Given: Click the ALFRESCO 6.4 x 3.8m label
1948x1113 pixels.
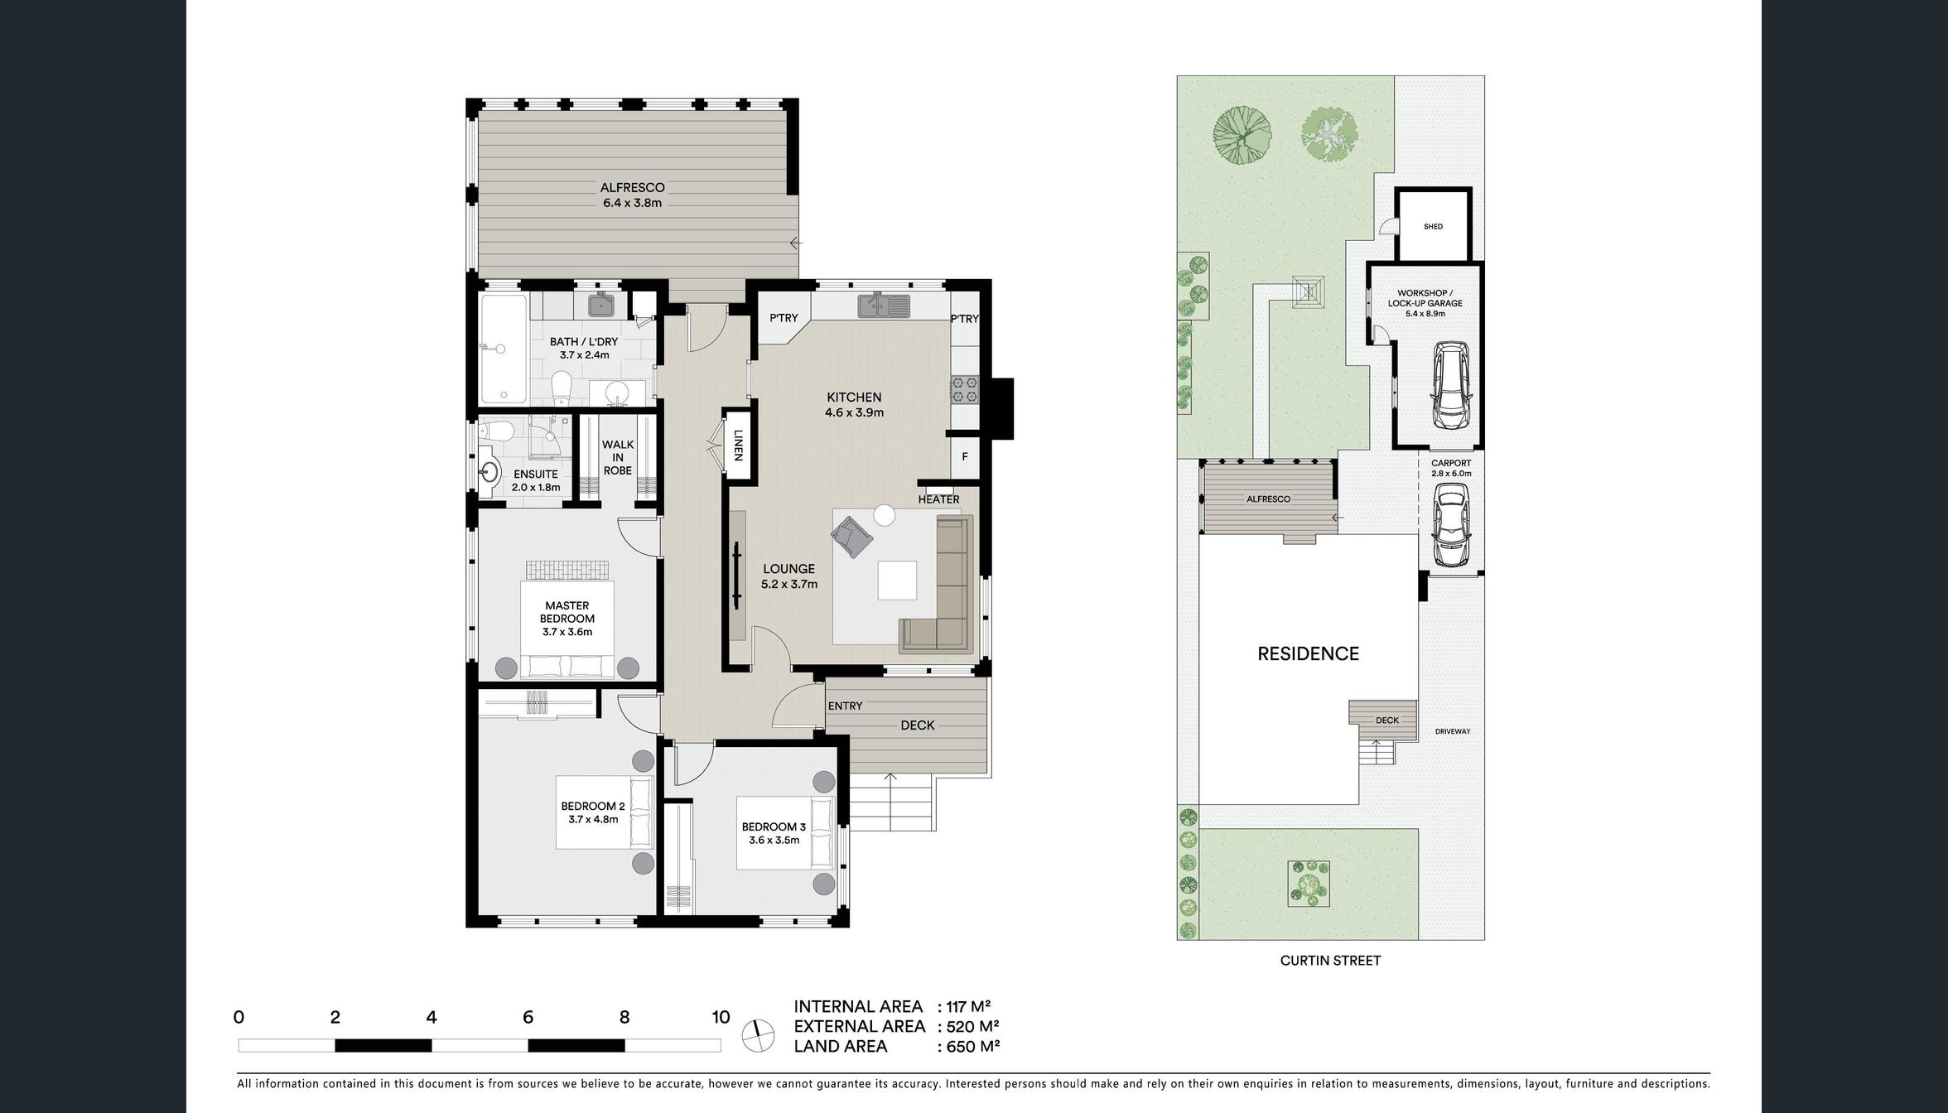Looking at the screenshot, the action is point(632,195).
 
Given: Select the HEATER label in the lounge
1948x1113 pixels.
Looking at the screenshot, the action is point(938,499).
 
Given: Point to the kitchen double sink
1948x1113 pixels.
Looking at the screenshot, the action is point(884,306).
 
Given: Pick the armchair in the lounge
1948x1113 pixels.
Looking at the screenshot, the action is point(852,536).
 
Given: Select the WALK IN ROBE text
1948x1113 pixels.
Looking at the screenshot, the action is point(618,457).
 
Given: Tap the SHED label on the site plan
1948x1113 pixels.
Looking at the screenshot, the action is point(1433,227).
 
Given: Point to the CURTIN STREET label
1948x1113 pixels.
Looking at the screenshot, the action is point(1330,961).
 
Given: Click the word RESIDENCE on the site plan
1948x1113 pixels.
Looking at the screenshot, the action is point(1308,653).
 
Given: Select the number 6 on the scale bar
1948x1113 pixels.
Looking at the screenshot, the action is point(528,1017).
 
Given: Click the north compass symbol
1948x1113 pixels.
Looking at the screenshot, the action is point(759,1034).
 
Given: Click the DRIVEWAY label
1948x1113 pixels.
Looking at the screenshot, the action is point(1453,732).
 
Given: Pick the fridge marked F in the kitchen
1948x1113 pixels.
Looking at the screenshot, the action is point(965,456).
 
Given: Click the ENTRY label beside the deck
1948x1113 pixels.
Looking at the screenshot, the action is point(845,706).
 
